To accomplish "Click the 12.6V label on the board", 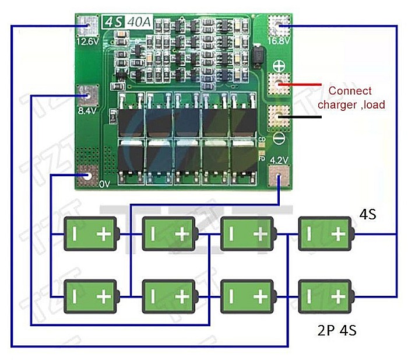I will (x=87, y=42).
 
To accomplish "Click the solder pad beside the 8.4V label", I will (x=88, y=93).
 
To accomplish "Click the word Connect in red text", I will (x=350, y=91).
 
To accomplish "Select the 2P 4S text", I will (x=337, y=331).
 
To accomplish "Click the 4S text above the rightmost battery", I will (x=367, y=215).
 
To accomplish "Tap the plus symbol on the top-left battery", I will (x=104, y=235).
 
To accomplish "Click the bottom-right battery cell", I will (x=325, y=296).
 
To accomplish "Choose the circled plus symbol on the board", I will (x=279, y=67).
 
